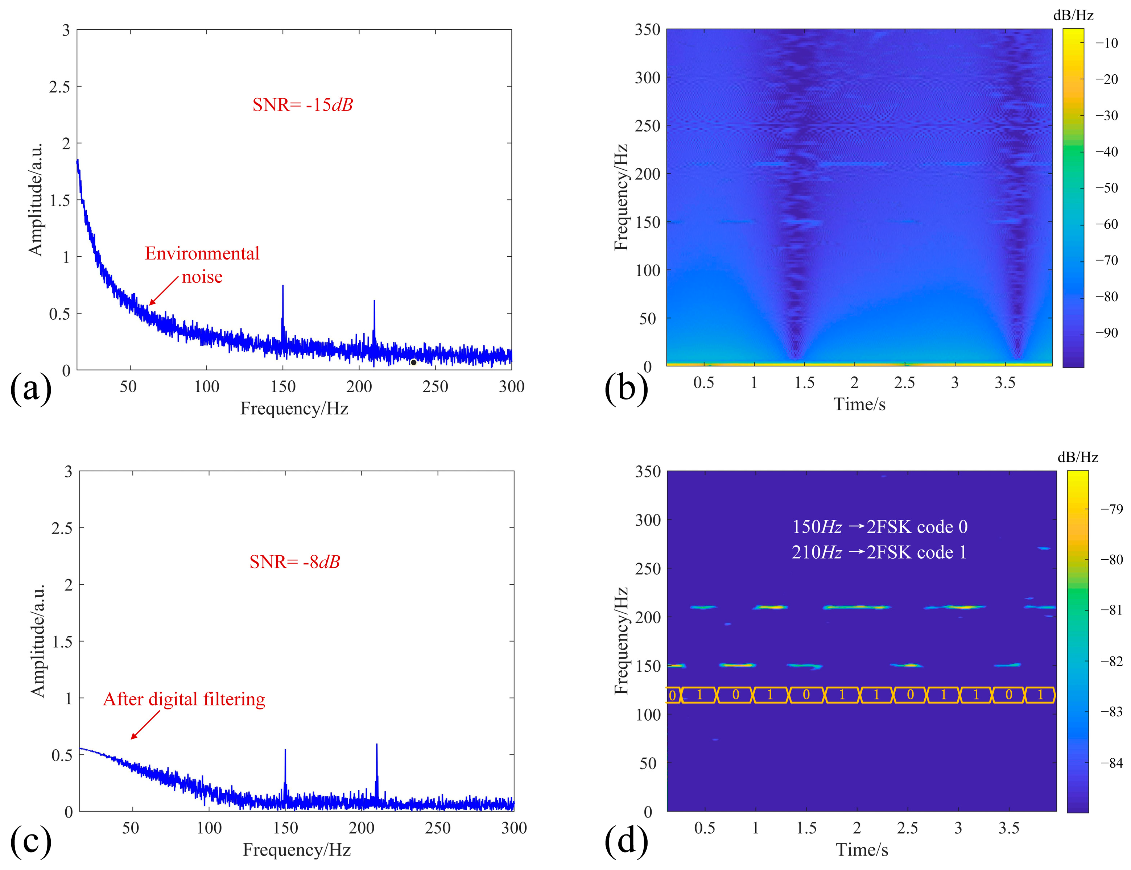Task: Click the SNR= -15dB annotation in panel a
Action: pos(302,105)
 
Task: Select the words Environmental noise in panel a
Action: pos(202,265)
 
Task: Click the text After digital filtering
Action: pos(184,699)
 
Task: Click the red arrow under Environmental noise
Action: pos(164,291)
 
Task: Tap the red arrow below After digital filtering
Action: pos(145,725)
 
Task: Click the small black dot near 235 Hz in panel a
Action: pos(413,362)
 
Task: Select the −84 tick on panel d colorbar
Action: pos(1111,763)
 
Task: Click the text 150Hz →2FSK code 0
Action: pos(879,527)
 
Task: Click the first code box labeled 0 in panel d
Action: pos(672,695)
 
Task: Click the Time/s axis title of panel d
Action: pos(862,849)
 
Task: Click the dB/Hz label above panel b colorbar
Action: pos(1073,16)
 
